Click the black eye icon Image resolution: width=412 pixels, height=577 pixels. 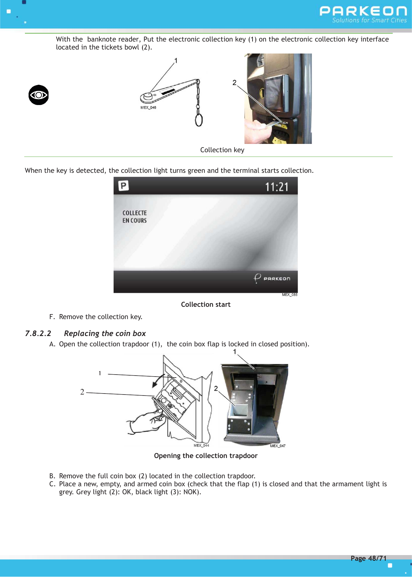pyautogui.click(x=39, y=95)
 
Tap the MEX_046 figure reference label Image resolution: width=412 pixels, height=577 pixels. pyautogui.click(x=148, y=108)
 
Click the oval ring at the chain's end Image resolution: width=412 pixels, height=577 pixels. pyautogui.click(x=199, y=120)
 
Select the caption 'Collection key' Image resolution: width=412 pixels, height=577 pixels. pyautogui.click(x=222, y=150)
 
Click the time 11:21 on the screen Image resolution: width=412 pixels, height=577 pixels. pyautogui.click(x=276, y=187)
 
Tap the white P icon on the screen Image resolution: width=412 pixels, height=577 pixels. pyautogui.click(x=123, y=186)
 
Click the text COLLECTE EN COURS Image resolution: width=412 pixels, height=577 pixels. pyautogui.click(x=135, y=217)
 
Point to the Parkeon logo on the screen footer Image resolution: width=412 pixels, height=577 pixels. pyautogui.click(x=272, y=278)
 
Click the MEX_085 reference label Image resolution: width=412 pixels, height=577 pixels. pyautogui.click(x=289, y=295)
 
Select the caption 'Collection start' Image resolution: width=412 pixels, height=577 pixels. pyautogui.click(x=206, y=304)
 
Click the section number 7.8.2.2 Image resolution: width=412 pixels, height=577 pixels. pyautogui.click(x=38, y=333)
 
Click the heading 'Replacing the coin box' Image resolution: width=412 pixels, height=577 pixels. pyautogui.click(x=105, y=333)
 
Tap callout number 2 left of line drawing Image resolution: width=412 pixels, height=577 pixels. pyautogui.click(x=82, y=392)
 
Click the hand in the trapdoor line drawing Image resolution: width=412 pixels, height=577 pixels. pyautogui.click(x=146, y=422)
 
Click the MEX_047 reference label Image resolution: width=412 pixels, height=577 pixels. pyautogui.click(x=277, y=446)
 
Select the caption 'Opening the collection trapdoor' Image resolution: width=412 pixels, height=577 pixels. pyautogui.click(x=206, y=456)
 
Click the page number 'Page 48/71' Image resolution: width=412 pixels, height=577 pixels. pyautogui.click(x=368, y=558)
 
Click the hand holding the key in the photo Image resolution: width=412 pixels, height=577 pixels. pyautogui.click(x=256, y=128)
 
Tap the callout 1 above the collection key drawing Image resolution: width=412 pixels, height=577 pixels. pyautogui.click(x=176, y=61)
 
